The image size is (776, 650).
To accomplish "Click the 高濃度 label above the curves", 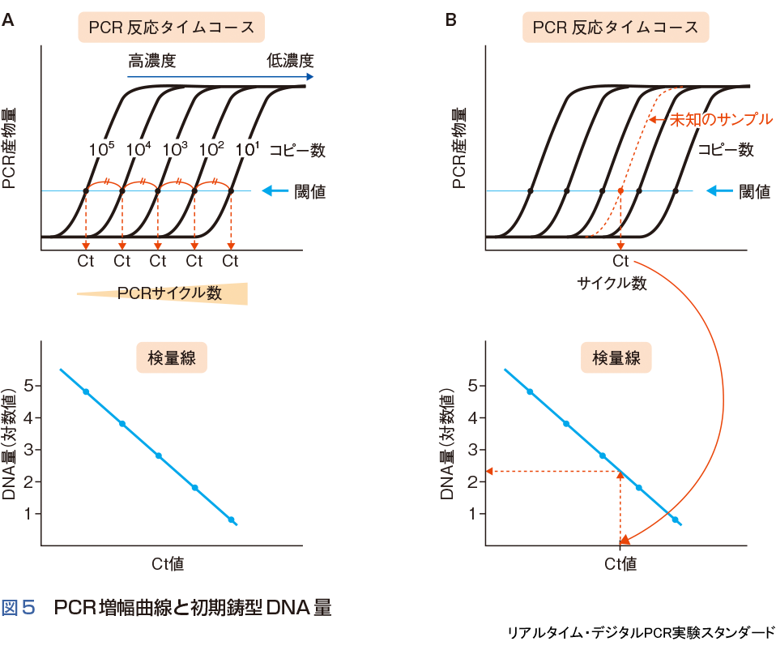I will click(151, 61).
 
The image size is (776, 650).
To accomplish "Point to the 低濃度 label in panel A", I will click(290, 61).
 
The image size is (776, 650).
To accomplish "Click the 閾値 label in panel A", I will click(309, 192).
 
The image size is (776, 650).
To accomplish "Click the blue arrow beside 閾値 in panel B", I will click(719, 192).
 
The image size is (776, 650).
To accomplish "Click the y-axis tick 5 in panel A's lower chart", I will click(28, 386).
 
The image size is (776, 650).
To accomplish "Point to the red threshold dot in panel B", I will click(620, 191).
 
